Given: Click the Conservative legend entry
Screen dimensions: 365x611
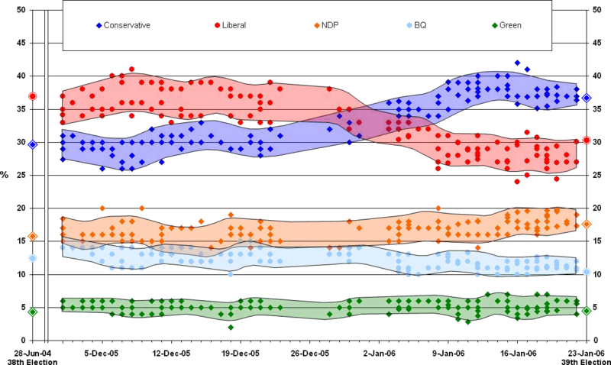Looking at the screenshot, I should click(122, 25).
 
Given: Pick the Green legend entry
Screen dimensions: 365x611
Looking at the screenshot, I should click(507, 25).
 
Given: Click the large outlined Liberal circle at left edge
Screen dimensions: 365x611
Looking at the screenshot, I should click(33, 96).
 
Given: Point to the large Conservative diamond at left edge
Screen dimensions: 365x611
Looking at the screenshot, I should click(33, 144).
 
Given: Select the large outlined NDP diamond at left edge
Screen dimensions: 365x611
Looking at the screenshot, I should click(33, 237).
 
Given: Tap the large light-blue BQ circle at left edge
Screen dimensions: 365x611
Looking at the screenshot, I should click(33, 259).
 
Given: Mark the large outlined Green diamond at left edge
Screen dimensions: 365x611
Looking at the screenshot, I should click(33, 312).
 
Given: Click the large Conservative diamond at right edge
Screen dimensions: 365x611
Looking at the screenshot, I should click(586, 98).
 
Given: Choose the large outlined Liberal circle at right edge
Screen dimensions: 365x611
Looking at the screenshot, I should click(586, 140).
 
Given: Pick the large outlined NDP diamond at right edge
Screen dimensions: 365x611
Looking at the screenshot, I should click(586, 224).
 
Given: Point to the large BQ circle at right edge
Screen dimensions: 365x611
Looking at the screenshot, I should click(586, 272).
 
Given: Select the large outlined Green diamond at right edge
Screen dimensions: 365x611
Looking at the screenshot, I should click(586, 311).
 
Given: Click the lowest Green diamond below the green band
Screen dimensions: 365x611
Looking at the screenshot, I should click(231, 328).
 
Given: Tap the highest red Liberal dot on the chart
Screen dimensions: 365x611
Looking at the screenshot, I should click(131, 69).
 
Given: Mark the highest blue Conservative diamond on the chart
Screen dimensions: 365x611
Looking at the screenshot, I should click(517, 62).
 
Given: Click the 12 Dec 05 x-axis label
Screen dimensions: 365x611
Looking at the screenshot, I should click(171, 353).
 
